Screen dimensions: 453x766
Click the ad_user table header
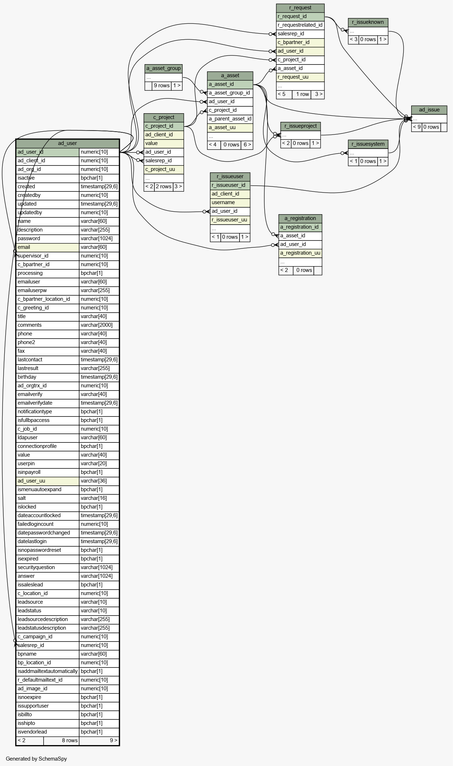point(67,143)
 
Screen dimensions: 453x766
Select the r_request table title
point(300,8)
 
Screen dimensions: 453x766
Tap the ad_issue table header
point(429,110)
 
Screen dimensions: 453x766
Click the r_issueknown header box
point(368,22)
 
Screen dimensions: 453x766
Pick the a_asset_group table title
point(164,68)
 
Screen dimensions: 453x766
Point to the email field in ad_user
point(48,247)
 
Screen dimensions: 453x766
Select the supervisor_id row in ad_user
point(67,256)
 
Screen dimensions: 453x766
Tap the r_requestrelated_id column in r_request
point(300,25)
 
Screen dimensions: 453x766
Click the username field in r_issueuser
point(230,202)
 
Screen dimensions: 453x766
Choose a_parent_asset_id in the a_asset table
point(230,119)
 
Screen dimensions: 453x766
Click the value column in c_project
point(164,143)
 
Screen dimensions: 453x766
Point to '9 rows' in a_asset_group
point(162,85)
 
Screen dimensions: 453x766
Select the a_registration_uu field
point(300,253)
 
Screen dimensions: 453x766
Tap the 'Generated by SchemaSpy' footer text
point(36,758)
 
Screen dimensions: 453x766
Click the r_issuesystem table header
point(368,144)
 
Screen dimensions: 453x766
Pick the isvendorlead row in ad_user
point(67,732)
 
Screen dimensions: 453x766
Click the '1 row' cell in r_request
point(302,94)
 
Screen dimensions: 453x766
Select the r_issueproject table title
point(300,126)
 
